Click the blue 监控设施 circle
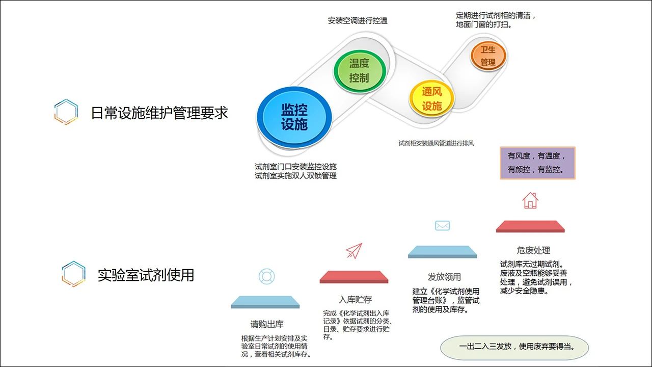tap(294, 117)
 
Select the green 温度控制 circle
tap(360, 70)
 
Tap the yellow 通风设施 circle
tap(432, 99)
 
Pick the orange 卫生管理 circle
tap(488, 56)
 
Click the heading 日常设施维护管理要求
tap(159, 113)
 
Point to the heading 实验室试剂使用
tap(146, 275)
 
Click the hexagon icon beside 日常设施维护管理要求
tap(66, 112)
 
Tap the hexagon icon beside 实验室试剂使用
tap(74, 274)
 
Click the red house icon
tap(530, 200)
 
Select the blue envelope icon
tap(443, 225)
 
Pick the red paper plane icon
tap(354, 251)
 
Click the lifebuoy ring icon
tap(266, 276)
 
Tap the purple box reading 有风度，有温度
tap(537, 163)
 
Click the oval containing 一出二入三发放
tap(514, 348)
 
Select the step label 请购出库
tap(267, 324)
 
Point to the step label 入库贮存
tap(356, 299)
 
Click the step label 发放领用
tap(444, 277)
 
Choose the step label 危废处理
tap(533, 250)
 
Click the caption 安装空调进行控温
tap(358, 21)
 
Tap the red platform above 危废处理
tap(530, 226)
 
